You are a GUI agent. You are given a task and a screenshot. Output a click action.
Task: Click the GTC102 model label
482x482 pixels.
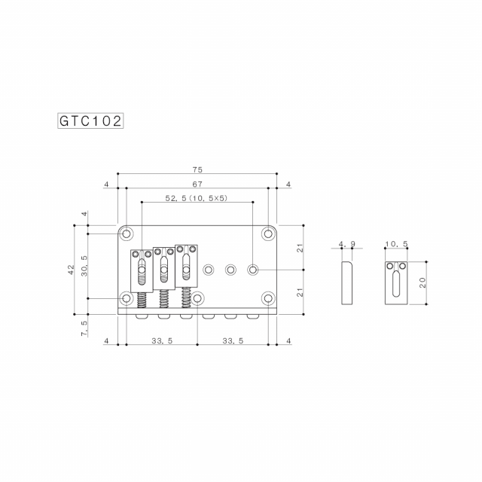pyautogui.click(x=90, y=121)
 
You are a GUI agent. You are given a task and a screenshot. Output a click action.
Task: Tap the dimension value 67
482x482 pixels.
pyautogui.click(x=198, y=185)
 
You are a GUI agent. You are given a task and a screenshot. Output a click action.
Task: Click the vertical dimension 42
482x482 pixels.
pyautogui.click(x=71, y=269)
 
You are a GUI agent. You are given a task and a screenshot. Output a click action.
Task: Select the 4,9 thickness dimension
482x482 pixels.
pyautogui.click(x=346, y=244)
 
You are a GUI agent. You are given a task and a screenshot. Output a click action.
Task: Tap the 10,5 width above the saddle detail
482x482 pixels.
pyautogui.click(x=395, y=244)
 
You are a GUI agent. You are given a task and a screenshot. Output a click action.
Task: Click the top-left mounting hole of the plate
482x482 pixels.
pyautogui.click(x=127, y=232)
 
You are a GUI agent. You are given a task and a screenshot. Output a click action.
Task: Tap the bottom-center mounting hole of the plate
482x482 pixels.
pyautogui.click(x=197, y=299)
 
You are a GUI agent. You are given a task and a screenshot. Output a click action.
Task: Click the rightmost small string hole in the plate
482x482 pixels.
pyautogui.click(x=254, y=269)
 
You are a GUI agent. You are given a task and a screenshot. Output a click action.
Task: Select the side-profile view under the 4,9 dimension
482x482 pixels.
pyautogui.click(x=346, y=282)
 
